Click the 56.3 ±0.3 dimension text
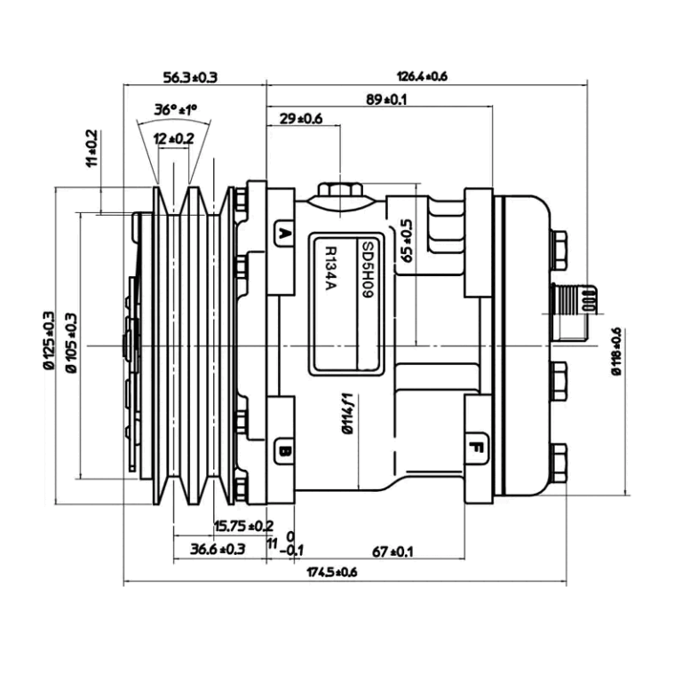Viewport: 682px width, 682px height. [191, 77]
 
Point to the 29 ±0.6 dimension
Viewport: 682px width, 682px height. [301, 118]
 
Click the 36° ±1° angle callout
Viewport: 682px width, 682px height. [175, 110]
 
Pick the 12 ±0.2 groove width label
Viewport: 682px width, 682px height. [173, 138]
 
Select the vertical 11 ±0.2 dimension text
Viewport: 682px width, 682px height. [91, 148]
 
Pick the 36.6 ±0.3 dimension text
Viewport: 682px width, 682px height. [218, 549]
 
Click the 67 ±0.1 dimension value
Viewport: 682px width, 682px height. [393, 551]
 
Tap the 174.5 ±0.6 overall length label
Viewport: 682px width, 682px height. [331, 573]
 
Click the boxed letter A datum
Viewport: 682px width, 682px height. [284, 235]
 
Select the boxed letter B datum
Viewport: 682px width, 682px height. [284, 451]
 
